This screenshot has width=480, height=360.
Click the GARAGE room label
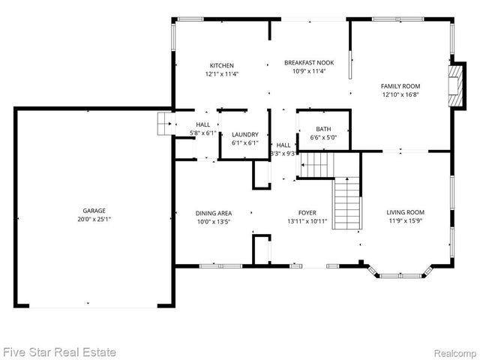pyautogui.click(x=94, y=211)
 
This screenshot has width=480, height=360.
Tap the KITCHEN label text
pyautogui.click(x=221, y=65)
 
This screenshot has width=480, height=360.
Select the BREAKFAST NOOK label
pyautogui.click(x=307, y=63)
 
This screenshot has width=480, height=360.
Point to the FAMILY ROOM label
pyautogui.click(x=401, y=86)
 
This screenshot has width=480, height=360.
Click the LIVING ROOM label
pyautogui.click(x=405, y=212)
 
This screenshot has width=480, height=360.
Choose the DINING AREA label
pyautogui.click(x=214, y=213)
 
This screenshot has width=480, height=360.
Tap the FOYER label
pyautogui.click(x=307, y=213)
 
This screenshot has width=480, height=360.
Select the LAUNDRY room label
pyautogui.click(x=244, y=134)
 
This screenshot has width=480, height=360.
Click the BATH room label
pyautogui.click(x=323, y=129)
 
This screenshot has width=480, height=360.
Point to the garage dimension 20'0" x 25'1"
pyautogui.click(x=94, y=220)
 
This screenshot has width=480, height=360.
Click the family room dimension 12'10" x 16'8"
pyautogui.click(x=401, y=95)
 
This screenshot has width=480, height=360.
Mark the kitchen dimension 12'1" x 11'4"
pyautogui.click(x=221, y=74)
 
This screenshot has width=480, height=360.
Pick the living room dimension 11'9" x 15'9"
pyautogui.click(x=405, y=221)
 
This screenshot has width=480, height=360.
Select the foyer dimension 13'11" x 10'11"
pyautogui.click(x=307, y=222)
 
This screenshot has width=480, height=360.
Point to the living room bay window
pyautogui.click(x=406, y=271)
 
